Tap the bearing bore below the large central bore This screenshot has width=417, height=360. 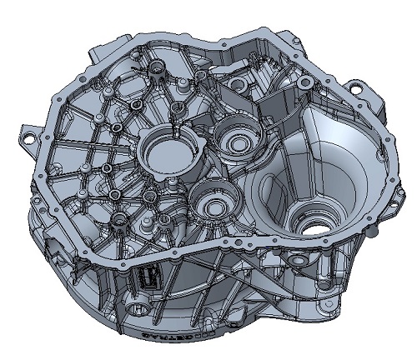[214, 203]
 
